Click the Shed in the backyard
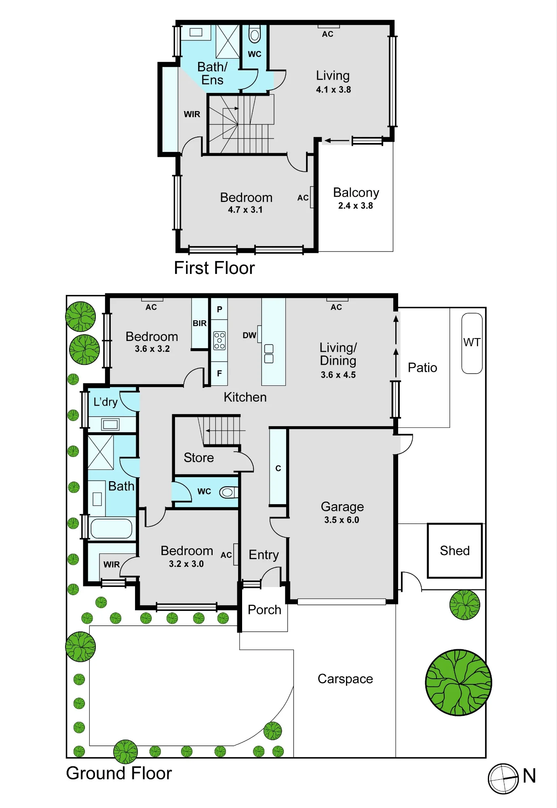click(x=455, y=551)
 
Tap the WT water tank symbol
click(x=472, y=343)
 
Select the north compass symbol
click(x=503, y=779)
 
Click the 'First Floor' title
click(x=214, y=268)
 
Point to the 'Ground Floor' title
click(x=119, y=773)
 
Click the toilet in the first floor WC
click(x=255, y=34)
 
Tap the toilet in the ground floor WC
click(x=229, y=492)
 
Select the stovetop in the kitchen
click(x=219, y=341)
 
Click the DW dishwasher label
click(x=249, y=335)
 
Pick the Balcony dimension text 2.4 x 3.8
click(x=356, y=206)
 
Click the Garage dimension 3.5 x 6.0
click(x=342, y=520)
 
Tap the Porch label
click(x=264, y=610)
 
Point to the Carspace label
click(x=345, y=679)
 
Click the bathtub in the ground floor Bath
click(x=112, y=528)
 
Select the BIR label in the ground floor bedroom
click(x=200, y=323)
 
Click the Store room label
click(x=199, y=458)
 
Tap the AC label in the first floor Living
click(x=328, y=34)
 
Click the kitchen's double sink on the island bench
click(x=269, y=354)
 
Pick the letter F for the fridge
click(x=219, y=374)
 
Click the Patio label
click(x=422, y=368)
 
